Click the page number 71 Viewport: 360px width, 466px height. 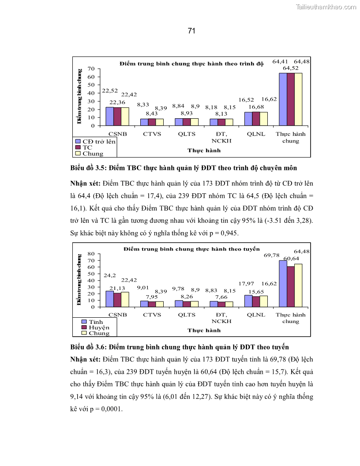191,30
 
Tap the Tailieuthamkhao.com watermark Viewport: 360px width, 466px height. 326,7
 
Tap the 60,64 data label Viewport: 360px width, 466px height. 291,258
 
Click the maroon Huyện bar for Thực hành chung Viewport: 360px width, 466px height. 290,286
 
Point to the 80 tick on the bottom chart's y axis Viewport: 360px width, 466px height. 91,254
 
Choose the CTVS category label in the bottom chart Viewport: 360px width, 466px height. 152,315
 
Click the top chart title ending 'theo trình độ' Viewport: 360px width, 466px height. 191,64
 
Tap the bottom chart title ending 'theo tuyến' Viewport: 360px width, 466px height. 191,249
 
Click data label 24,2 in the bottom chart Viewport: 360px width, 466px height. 109,275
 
